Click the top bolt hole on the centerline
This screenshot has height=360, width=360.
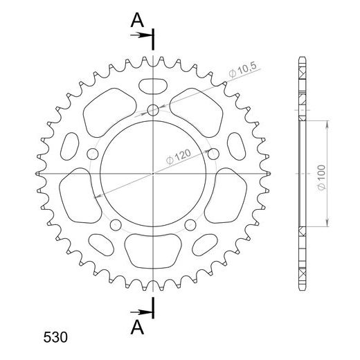click(152, 109)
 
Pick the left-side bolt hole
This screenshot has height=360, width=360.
click(92, 153)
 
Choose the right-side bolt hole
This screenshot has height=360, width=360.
click(213, 153)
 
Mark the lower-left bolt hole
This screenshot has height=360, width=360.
click(115, 224)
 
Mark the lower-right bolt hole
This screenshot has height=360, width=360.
click(190, 224)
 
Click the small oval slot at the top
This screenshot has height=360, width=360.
click(152, 86)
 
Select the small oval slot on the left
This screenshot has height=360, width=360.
click(71, 146)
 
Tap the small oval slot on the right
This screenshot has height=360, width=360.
click(234, 146)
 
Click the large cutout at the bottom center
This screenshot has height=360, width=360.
click(152, 249)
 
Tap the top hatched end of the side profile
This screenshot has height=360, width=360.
click(302, 73)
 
